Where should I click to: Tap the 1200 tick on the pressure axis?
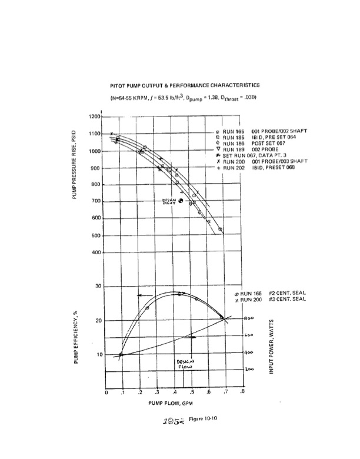coord(95,117)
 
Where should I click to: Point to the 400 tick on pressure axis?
coord(96,253)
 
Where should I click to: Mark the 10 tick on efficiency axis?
coord(98,355)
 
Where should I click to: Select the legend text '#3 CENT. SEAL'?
coord(287,299)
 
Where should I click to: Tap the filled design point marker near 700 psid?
coord(181,201)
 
